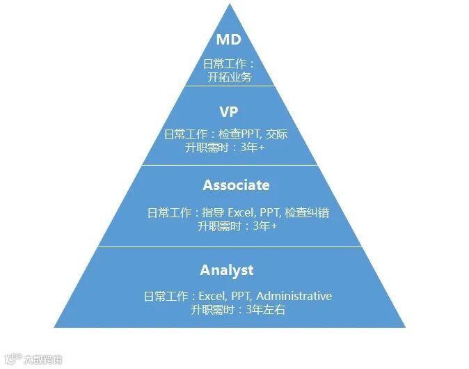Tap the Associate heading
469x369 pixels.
[x=236, y=185]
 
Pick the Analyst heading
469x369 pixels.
[x=227, y=270]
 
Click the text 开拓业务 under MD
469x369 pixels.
[x=229, y=77]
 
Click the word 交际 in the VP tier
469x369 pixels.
[x=276, y=134]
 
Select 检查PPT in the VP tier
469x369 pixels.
[x=237, y=134]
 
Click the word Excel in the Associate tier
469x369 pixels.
[x=242, y=212]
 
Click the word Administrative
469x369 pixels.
[x=296, y=296]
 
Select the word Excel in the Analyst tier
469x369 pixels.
[x=214, y=296]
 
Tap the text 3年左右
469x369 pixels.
[x=266, y=309]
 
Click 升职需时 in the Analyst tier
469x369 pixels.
[x=214, y=309]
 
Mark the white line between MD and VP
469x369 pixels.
[x=229, y=86]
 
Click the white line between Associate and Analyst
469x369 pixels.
[x=229, y=246]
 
